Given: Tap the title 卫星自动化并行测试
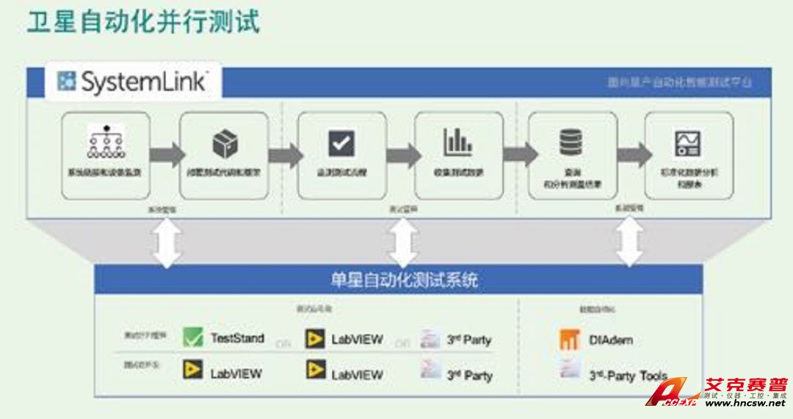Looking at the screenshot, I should click(144, 21).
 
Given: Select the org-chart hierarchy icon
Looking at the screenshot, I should click(105, 141).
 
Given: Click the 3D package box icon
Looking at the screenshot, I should click(225, 143).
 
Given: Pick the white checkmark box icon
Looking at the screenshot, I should click(341, 143).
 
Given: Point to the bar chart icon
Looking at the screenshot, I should click(458, 142).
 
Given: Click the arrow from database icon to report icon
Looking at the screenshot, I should click(634, 155).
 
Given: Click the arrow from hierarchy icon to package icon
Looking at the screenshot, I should click(167, 155).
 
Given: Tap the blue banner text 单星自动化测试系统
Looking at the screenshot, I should click(404, 280).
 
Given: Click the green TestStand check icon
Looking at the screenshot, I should click(193, 338).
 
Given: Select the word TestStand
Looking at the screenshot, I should click(236, 338).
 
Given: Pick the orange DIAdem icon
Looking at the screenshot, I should click(569, 340).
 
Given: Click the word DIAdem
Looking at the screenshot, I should click(610, 340).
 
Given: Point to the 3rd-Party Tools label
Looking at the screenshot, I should click(628, 376).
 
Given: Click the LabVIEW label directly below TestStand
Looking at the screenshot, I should click(236, 373).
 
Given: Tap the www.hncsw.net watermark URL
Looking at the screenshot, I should click(745, 404).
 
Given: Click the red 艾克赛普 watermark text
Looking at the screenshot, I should click(745, 385).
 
